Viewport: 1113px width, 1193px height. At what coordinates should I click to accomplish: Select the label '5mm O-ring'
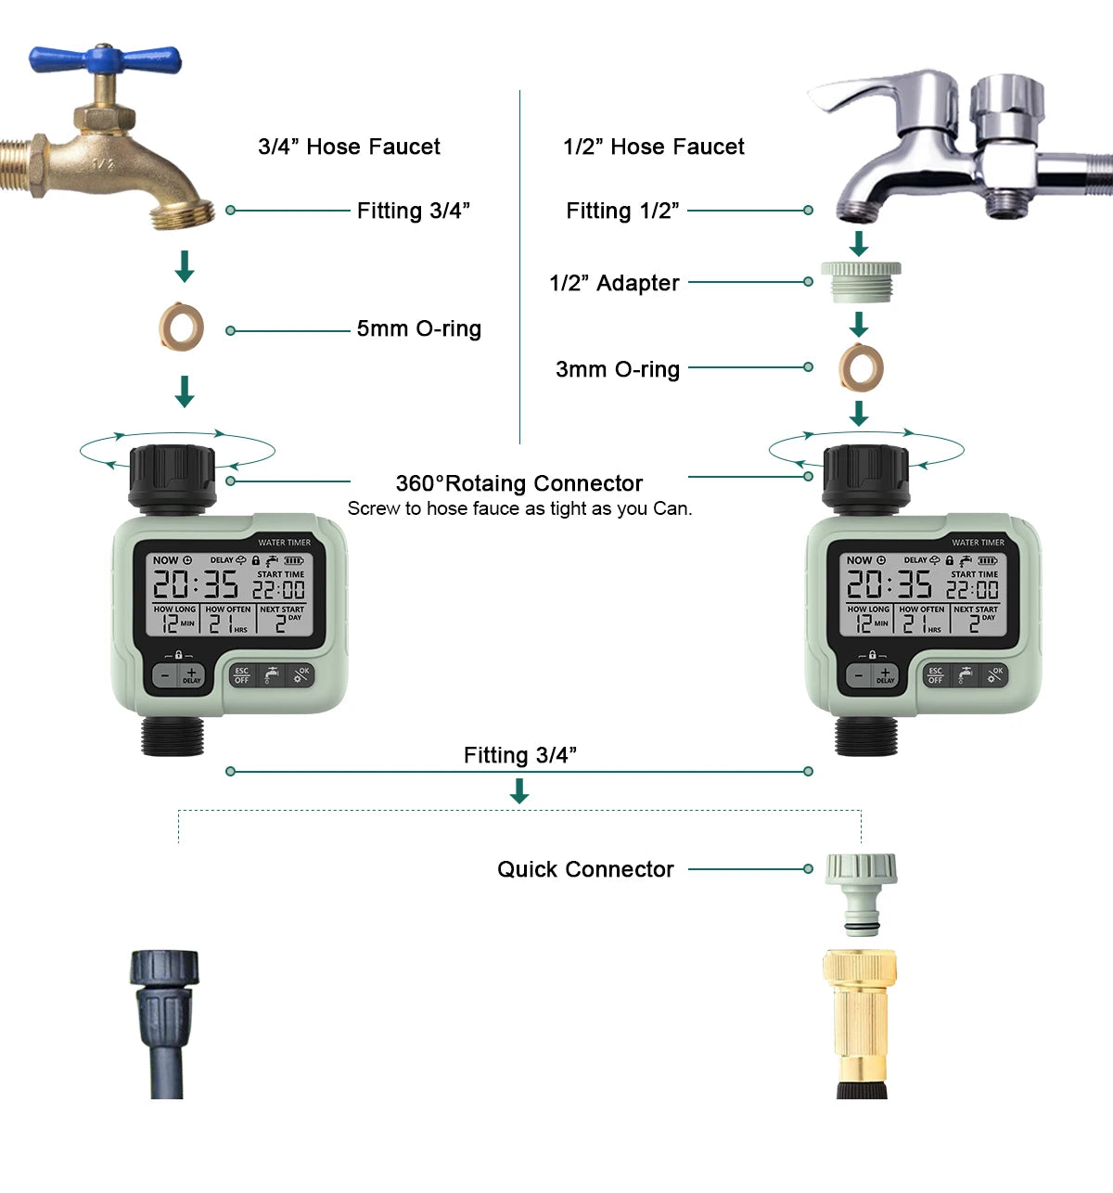pos(418,328)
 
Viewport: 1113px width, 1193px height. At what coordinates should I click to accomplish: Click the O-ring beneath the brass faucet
pos(181,327)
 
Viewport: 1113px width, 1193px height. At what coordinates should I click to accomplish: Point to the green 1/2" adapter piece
pos(860,281)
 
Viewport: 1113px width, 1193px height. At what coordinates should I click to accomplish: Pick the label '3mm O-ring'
pos(618,369)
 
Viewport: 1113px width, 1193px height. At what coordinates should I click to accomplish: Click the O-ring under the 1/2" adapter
pos(861,368)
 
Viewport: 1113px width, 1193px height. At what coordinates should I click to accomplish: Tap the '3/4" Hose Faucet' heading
pos(349,147)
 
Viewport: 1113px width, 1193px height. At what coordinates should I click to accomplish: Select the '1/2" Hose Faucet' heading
pos(653,147)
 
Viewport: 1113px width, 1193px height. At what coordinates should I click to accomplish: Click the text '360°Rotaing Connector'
pos(518,483)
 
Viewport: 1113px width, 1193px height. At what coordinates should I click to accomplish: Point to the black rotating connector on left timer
pos(173,475)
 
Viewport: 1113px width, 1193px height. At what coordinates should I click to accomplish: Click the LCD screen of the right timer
pos(922,594)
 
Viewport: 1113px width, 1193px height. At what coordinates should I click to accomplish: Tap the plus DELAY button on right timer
pos(885,675)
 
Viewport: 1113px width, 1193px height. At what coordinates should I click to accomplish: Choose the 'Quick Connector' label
pos(585,869)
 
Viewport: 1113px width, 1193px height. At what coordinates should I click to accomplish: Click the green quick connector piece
pos(862,891)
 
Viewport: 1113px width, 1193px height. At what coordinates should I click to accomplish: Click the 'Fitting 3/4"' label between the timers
pos(519,755)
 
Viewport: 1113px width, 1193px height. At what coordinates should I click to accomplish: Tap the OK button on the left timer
pos(301,674)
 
